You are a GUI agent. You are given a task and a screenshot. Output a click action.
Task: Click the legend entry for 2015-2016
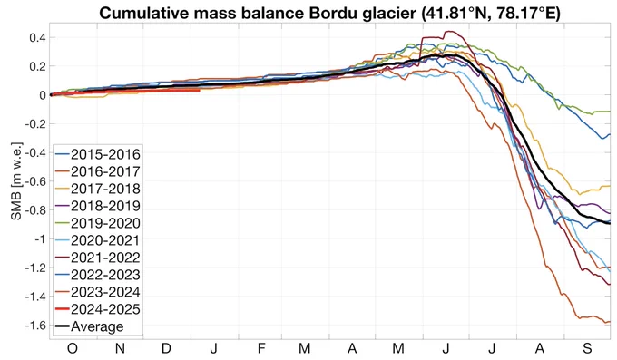point(98,154)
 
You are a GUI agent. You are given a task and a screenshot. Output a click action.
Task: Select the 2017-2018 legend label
point(98,189)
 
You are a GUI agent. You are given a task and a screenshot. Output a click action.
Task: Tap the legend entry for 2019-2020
point(98,223)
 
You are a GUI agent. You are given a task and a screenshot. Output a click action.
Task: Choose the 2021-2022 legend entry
point(98,258)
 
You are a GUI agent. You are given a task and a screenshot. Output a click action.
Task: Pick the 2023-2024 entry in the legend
point(98,292)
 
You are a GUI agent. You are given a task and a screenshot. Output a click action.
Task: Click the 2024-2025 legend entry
point(98,309)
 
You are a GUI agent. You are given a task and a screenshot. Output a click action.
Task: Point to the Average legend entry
point(89,326)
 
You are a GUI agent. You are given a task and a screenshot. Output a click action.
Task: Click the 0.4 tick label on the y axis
point(37,38)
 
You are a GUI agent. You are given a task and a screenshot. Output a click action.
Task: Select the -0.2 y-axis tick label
point(35,124)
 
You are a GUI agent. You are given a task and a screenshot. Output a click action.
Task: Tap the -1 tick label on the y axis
point(40,239)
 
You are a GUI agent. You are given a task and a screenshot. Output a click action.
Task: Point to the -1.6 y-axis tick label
point(35,326)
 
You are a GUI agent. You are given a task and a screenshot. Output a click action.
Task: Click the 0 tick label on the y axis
point(42,95)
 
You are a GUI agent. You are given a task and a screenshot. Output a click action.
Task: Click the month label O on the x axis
point(72,348)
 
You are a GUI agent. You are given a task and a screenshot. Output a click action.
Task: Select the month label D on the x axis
point(166,348)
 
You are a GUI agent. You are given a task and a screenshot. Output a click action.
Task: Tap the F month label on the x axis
point(261,348)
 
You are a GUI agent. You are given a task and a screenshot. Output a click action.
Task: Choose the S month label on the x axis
point(587,348)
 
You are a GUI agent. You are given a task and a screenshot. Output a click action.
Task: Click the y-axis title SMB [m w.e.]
point(16,181)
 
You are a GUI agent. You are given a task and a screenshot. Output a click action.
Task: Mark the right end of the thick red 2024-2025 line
point(200,90)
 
